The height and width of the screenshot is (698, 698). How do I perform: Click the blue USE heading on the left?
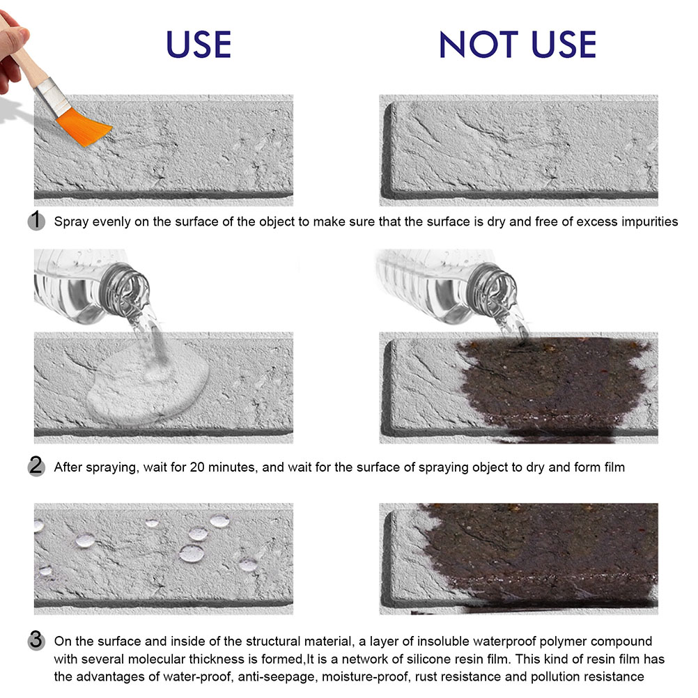click(x=199, y=45)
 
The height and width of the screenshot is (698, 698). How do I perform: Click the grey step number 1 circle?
click(x=36, y=221)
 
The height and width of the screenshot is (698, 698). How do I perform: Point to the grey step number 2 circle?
click(x=36, y=467)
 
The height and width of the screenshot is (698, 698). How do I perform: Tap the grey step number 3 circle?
click(x=36, y=641)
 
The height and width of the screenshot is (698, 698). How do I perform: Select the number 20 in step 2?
click(x=197, y=467)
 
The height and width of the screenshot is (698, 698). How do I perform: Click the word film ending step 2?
click(x=614, y=467)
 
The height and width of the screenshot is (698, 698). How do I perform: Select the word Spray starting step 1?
click(x=71, y=222)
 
